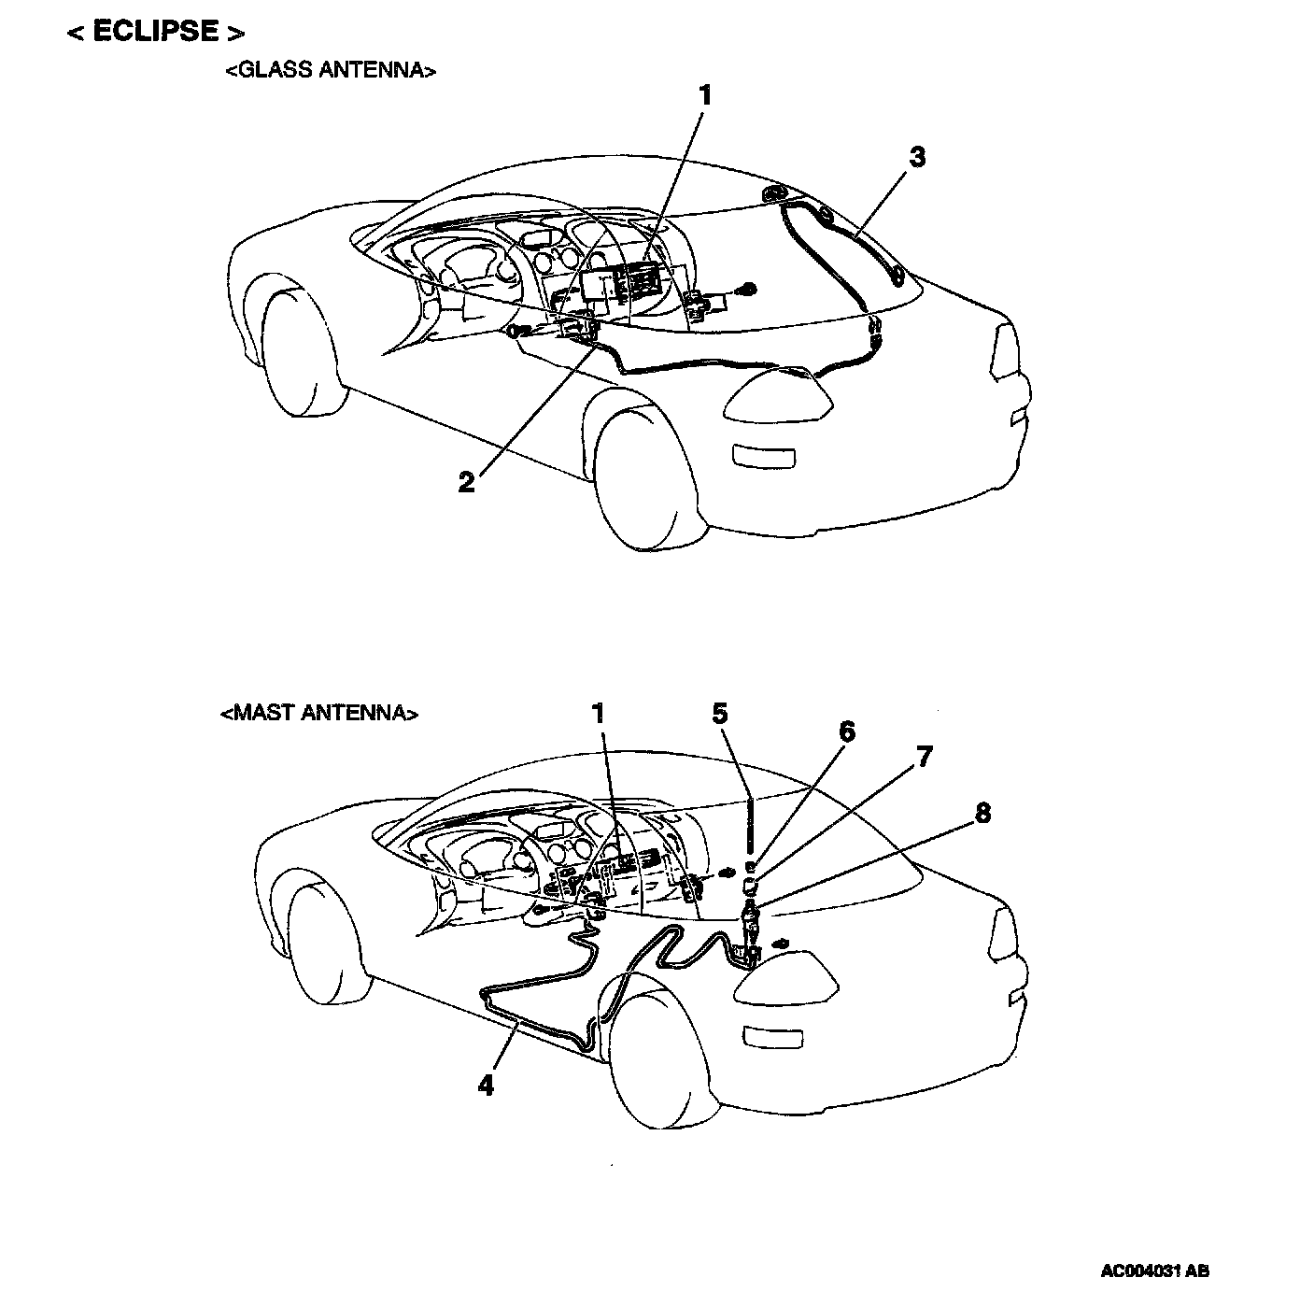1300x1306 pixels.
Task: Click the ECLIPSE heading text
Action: [x=156, y=32]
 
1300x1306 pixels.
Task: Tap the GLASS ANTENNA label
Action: [x=331, y=71]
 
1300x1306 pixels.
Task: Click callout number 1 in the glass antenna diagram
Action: [x=705, y=95]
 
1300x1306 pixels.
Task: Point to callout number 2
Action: [x=467, y=482]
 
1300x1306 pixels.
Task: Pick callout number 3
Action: [x=917, y=157]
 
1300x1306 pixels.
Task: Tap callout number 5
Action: [x=719, y=714]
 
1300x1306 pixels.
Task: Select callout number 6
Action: [x=846, y=731]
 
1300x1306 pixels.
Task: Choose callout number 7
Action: [x=924, y=756]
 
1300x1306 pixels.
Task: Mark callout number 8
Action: [x=982, y=813]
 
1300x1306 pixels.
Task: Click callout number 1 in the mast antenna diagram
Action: [x=598, y=714]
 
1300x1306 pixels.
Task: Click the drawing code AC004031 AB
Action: [x=1155, y=1271]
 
